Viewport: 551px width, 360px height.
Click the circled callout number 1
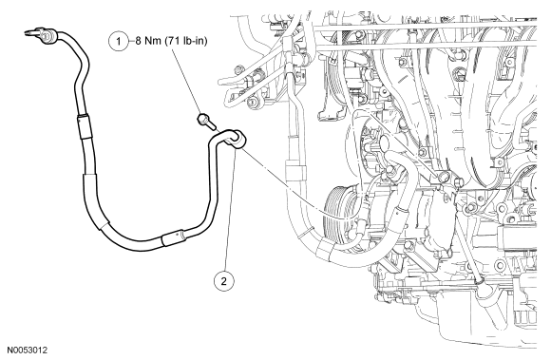[x=119, y=42]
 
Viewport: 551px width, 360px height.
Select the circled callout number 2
[x=223, y=280]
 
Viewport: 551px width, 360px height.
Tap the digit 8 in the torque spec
[x=139, y=41]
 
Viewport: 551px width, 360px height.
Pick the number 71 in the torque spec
[x=172, y=41]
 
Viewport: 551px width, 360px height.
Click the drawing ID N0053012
[x=27, y=351]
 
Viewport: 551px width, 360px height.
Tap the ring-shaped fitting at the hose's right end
[x=239, y=139]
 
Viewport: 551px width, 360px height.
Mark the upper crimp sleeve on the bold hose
[x=84, y=127]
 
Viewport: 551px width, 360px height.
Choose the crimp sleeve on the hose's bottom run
[x=173, y=237]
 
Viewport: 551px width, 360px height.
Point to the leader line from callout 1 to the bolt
[x=186, y=81]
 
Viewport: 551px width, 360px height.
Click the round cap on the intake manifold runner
[x=459, y=74]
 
